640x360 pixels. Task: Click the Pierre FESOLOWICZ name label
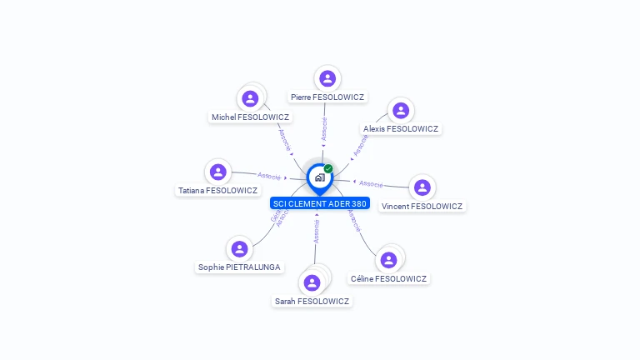(x=327, y=97)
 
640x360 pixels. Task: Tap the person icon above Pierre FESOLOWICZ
(x=327, y=78)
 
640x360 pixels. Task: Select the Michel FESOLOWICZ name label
(x=250, y=117)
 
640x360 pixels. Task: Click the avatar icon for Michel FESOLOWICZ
(x=250, y=98)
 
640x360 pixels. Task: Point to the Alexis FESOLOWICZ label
(x=401, y=129)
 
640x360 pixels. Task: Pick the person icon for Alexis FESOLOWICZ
(x=401, y=110)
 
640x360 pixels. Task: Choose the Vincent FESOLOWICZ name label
(x=422, y=206)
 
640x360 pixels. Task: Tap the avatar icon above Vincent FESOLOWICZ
(x=422, y=187)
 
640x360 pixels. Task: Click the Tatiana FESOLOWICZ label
(x=217, y=191)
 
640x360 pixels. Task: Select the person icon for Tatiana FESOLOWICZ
(x=217, y=172)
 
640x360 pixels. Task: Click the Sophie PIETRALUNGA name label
(x=239, y=267)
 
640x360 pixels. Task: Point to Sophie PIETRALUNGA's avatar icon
(x=239, y=248)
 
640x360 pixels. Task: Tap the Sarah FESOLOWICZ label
(x=312, y=302)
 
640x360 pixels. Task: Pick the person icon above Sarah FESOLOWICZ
(x=312, y=282)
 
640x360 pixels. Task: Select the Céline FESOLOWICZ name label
(x=388, y=279)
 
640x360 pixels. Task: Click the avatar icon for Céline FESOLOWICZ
(x=388, y=260)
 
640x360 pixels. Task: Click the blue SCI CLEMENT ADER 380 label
(x=319, y=203)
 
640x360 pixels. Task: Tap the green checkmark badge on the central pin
(x=328, y=169)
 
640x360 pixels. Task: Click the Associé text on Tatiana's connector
(x=269, y=176)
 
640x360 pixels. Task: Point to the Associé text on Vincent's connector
(x=371, y=183)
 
